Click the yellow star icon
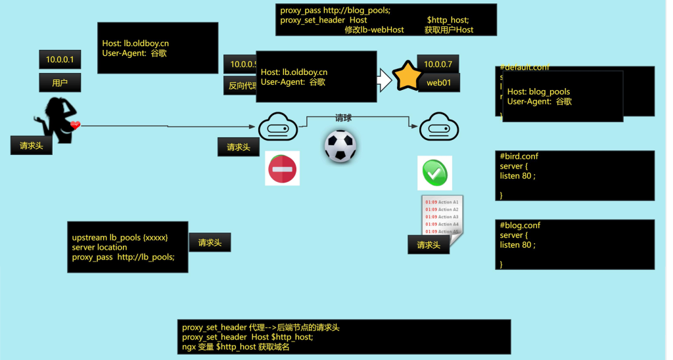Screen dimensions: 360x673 (407, 76)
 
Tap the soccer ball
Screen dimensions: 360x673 (340, 146)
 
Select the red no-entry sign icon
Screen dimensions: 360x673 (282, 169)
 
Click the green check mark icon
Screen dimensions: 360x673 (434, 173)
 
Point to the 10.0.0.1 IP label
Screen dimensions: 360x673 (59, 60)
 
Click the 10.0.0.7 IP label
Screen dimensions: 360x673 (438, 64)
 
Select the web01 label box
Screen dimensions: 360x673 (438, 83)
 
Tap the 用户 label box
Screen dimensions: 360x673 (60, 83)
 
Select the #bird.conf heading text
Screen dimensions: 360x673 (519, 156)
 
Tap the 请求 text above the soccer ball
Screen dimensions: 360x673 (343, 118)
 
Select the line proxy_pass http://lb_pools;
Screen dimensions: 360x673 (124, 257)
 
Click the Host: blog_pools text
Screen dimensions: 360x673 (538, 92)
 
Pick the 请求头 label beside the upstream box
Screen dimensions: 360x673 (210, 242)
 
